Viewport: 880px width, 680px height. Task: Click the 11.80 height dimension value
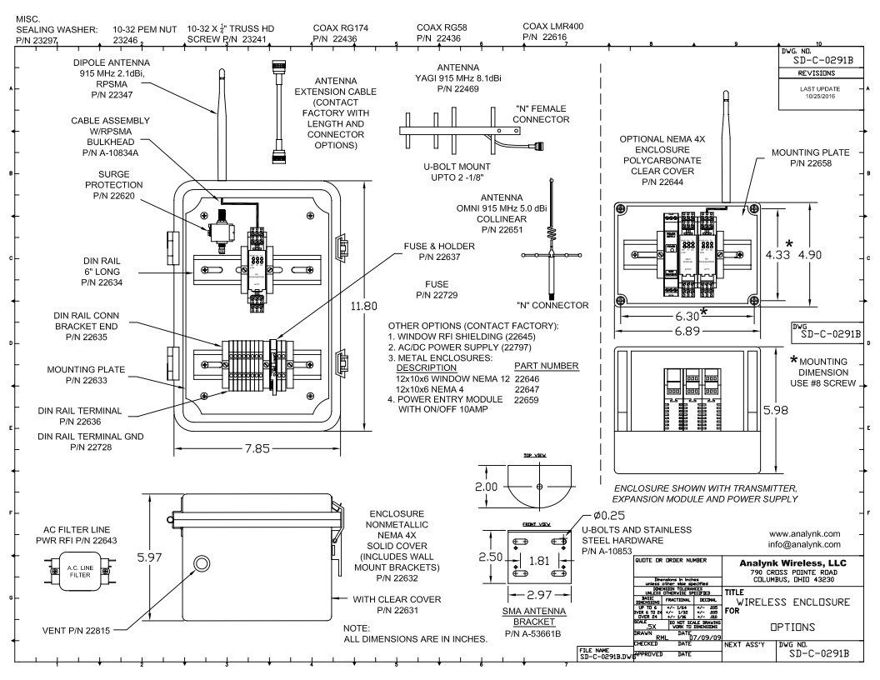tap(363, 307)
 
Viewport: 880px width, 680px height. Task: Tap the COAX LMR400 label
tap(553, 26)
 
